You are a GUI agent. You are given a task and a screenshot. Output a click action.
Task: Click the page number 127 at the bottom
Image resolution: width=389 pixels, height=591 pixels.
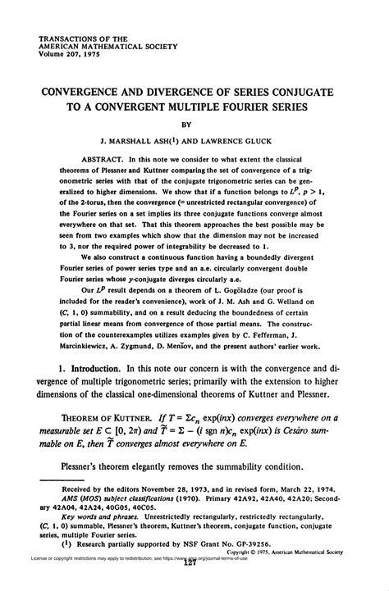click(x=194, y=584)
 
